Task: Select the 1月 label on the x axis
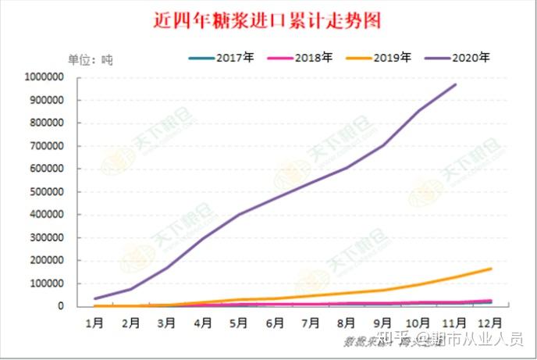[94, 321]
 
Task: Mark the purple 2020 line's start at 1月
[94, 298]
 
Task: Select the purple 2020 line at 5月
[239, 215]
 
